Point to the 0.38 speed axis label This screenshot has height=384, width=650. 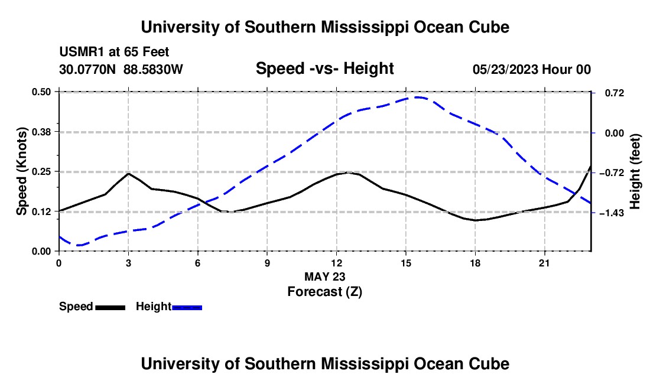(x=41, y=132)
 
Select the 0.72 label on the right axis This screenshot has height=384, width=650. (x=615, y=93)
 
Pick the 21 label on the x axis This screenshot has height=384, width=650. (x=544, y=263)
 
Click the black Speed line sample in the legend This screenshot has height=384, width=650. (x=110, y=307)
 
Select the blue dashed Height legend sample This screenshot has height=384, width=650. (x=187, y=307)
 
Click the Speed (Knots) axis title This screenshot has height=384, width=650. (x=21, y=171)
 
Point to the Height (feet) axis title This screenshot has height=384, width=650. (x=635, y=171)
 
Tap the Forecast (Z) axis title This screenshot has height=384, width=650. (x=325, y=292)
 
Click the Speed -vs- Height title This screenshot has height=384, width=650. (x=324, y=69)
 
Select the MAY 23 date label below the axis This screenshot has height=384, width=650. (x=325, y=276)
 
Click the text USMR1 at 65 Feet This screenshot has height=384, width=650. (x=115, y=52)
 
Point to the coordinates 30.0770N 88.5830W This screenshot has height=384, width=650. (x=121, y=69)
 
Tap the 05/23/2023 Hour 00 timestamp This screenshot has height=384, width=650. (x=532, y=70)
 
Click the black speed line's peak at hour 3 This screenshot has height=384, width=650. (x=128, y=174)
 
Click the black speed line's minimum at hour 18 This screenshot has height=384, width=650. (x=475, y=220)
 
